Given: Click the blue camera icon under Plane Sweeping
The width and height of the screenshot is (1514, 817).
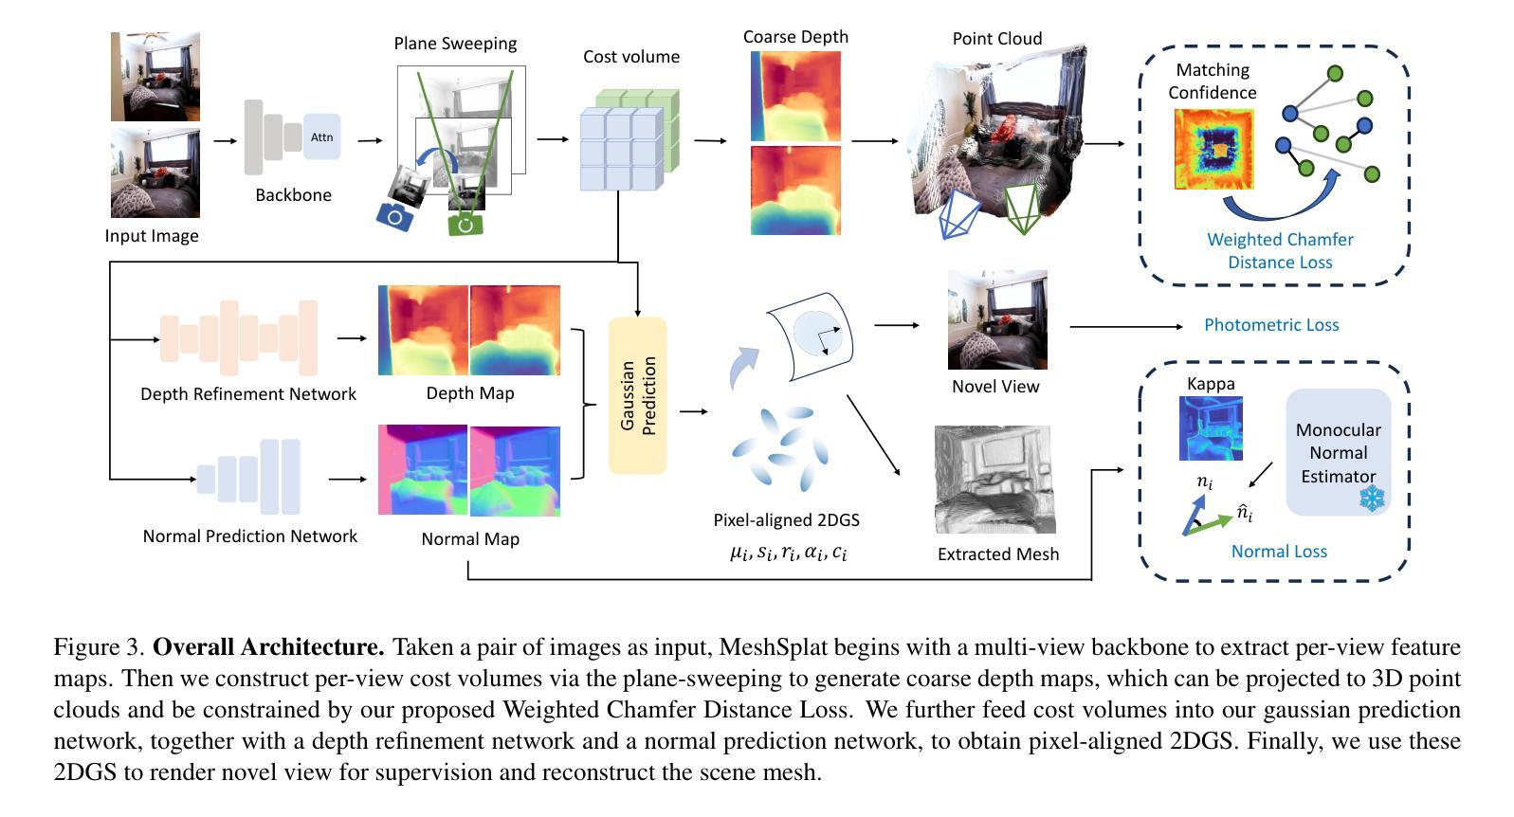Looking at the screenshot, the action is click(x=394, y=217).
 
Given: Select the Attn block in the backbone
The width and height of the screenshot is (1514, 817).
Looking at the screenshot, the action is click(x=321, y=137).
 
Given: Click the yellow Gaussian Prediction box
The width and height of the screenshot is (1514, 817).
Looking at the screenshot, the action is click(x=637, y=395).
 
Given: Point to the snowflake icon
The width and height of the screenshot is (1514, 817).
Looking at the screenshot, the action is click(x=1372, y=499).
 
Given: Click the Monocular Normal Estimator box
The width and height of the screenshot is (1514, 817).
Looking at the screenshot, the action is click(x=1339, y=452).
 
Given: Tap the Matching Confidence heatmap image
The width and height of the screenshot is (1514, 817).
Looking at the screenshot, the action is click(x=1213, y=150).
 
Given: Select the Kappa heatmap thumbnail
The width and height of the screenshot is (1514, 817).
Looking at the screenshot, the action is click(x=1211, y=428).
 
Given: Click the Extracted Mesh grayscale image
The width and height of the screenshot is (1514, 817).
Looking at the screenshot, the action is click(x=994, y=480).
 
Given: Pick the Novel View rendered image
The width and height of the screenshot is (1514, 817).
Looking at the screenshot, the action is click(x=997, y=320).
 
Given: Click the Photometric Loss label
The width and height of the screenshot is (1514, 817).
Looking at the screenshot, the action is click(x=1271, y=325).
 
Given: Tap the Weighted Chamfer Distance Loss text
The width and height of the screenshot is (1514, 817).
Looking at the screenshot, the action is click(x=1280, y=251).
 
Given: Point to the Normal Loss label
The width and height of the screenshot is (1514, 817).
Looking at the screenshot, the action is click(x=1279, y=552).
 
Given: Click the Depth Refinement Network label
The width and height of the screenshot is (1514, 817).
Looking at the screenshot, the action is click(x=248, y=394).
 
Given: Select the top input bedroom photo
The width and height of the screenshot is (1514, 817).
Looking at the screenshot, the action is click(x=155, y=77).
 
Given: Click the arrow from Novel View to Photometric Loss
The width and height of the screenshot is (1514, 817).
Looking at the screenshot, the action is click(x=1126, y=326).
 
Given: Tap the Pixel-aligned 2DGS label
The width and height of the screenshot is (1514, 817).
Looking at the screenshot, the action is click(x=787, y=520).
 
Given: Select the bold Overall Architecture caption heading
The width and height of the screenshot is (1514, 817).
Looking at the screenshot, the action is click(x=268, y=647).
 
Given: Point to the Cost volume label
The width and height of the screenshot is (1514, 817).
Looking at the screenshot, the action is click(x=631, y=57).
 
